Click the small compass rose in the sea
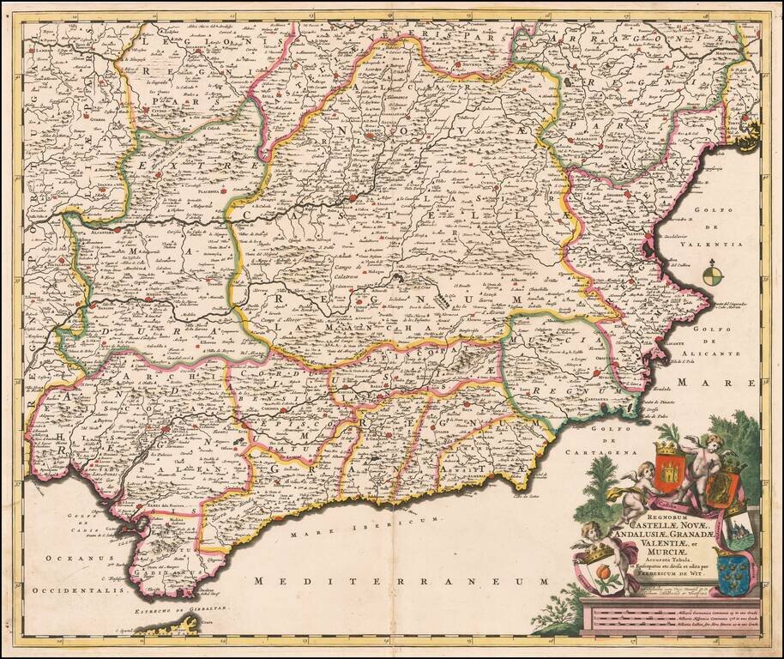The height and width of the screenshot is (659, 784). click(x=712, y=275)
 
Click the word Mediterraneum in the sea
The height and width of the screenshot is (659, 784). click(x=401, y=582)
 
